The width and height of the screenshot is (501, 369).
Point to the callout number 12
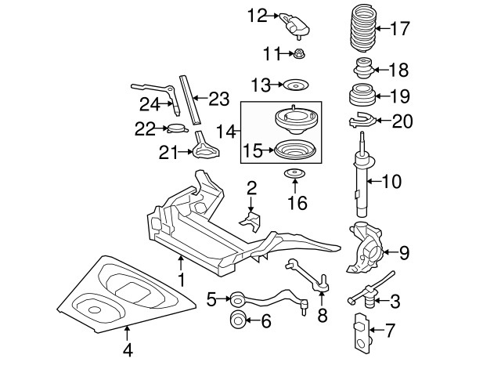click(x=258, y=14)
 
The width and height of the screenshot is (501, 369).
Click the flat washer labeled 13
click(x=295, y=84)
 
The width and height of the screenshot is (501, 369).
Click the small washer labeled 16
click(x=294, y=174)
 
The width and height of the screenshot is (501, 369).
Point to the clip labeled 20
click(x=359, y=121)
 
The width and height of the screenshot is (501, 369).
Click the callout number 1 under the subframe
click(x=181, y=278)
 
